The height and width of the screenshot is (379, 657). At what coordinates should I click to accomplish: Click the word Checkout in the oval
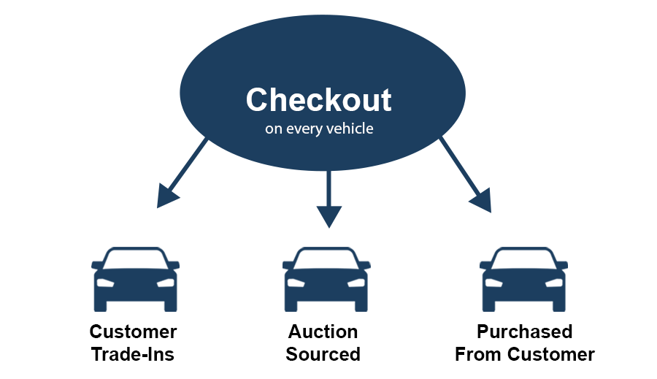pyautogui.click(x=318, y=100)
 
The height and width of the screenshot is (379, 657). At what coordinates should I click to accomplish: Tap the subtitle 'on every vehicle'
pyautogui.click(x=318, y=130)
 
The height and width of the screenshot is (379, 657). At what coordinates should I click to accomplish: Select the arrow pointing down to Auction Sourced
pyautogui.click(x=328, y=197)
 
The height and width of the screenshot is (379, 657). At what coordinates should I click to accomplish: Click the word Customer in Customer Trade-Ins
pyautogui.click(x=133, y=332)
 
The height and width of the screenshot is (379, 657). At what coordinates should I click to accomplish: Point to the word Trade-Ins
pyautogui.click(x=133, y=355)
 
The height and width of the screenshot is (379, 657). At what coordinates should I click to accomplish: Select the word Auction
pyautogui.click(x=323, y=332)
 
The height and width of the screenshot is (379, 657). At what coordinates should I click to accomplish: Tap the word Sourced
pyautogui.click(x=323, y=355)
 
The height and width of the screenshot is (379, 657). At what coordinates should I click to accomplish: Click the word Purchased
pyautogui.click(x=524, y=332)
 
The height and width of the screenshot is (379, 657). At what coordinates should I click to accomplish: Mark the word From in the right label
pyautogui.click(x=479, y=355)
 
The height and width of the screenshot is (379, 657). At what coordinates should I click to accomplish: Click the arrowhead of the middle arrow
pyautogui.click(x=328, y=216)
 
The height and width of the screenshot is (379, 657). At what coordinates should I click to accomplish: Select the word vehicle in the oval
pyautogui.click(x=350, y=130)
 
